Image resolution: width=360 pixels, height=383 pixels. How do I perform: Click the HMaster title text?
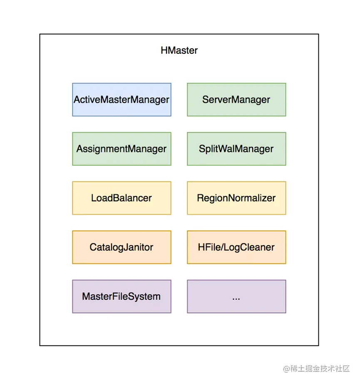[179, 51]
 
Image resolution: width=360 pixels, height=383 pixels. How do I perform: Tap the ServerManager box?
[236, 99]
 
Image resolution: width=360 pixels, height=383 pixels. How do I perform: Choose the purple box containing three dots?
[236, 296]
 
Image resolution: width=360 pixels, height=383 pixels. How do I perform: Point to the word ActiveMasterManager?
[122, 100]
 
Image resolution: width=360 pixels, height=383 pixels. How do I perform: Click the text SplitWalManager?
[236, 149]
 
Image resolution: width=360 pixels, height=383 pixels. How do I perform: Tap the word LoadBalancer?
[122, 198]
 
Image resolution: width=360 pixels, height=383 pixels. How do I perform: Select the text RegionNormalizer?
[236, 198]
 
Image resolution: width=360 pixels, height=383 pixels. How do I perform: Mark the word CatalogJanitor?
[122, 247]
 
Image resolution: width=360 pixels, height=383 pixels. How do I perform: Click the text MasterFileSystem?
[122, 296]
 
